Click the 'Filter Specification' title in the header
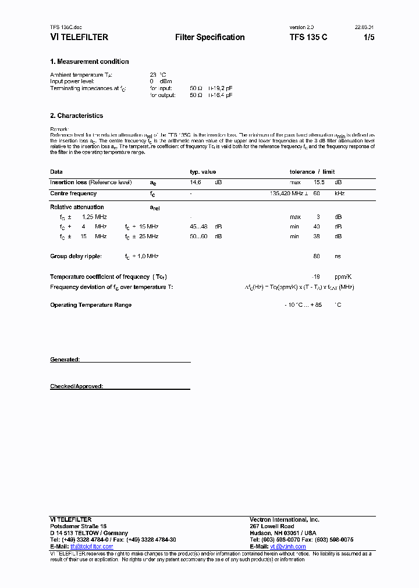coord(210,37)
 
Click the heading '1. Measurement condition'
coord(89,62)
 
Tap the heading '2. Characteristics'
coord(76,116)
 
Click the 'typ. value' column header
coord(203,172)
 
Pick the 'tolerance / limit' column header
coord(312,172)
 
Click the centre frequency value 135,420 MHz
coord(289,193)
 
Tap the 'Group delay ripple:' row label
coord(76,256)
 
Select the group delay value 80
coord(317,256)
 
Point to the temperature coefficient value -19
coord(317,277)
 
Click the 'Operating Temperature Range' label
coord(91,305)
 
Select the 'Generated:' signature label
coord(65,360)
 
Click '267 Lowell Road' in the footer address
coord(272,526)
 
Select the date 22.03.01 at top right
coord(364,27)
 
